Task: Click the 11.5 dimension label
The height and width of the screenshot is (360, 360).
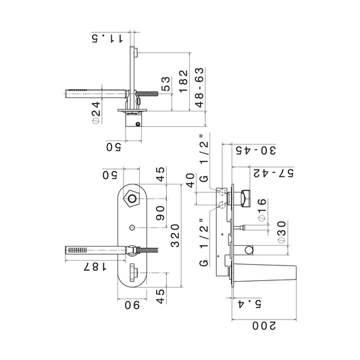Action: [x=107, y=38]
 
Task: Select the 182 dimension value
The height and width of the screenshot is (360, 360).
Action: [x=184, y=81]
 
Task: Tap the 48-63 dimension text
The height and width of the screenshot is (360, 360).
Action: [x=200, y=87]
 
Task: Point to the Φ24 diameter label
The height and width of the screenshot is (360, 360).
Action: [x=96, y=113]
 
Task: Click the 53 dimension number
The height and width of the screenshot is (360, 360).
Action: [x=166, y=84]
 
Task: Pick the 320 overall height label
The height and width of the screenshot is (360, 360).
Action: [x=175, y=235]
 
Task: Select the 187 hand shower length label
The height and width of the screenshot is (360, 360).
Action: [x=95, y=267]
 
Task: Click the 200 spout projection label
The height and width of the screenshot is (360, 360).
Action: [x=264, y=326]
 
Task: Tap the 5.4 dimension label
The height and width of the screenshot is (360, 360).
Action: [x=249, y=304]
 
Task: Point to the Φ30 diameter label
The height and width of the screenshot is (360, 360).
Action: [x=282, y=232]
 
